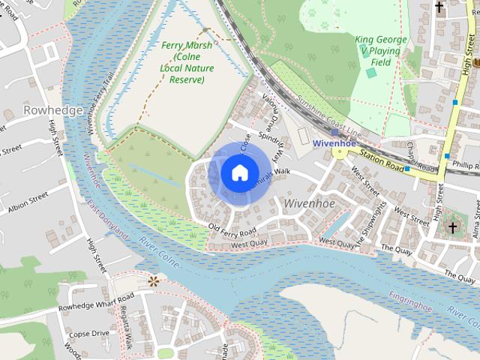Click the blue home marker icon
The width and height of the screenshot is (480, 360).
tap(238, 172)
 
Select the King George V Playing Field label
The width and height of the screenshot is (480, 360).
tap(382, 51)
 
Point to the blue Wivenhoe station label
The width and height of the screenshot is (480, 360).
tap(334, 142)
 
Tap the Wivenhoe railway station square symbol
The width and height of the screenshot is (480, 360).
tap(334, 132)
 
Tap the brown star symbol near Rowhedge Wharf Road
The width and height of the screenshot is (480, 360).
tap(154, 281)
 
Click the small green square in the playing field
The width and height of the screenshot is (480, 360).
tap(370, 73)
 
